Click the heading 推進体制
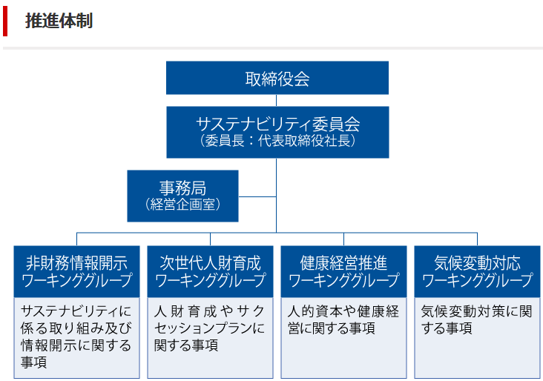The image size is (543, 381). [x=59, y=21]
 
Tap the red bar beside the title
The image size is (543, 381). [x=5, y=21]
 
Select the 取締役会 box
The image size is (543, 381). [x=277, y=78]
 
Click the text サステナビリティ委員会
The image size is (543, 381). [x=277, y=124]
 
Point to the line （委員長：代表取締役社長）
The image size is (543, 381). [x=277, y=141]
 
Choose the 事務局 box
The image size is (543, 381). [x=182, y=196]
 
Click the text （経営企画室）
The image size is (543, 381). [x=182, y=204]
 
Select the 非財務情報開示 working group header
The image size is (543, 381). [x=77, y=271]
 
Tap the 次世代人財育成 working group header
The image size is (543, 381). [x=210, y=271]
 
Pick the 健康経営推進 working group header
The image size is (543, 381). [x=344, y=271]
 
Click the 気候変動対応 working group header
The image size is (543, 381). [x=477, y=271]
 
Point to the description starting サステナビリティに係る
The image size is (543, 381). [x=76, y=337]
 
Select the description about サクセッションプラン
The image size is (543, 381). [x=209, y=328]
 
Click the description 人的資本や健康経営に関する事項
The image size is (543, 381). [x=343, y=319]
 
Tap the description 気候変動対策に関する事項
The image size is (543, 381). [x=476, y=319]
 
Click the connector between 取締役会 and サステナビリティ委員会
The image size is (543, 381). [x=277, y=100]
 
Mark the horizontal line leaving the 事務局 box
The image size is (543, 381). [x=257, y=196]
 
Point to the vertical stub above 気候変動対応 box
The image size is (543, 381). [x=477, y=239]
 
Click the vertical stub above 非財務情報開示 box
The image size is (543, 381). [x=77, y=239]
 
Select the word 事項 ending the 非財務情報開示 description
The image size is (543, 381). [x=33, y=362]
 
